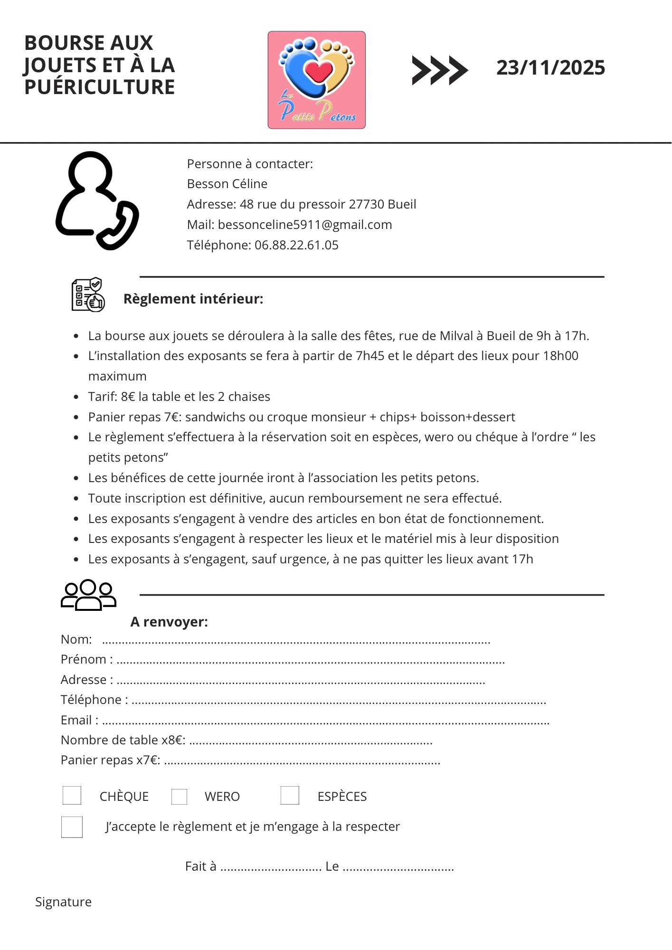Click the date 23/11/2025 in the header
[x=550, y=68]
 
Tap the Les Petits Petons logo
[x=316, y=80]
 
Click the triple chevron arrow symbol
[x=439, y=70]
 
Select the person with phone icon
[x=97, y=200]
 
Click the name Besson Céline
[x=227, y=184]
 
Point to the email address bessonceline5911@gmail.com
[x=305, y=225]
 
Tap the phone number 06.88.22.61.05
[x=296, y=245]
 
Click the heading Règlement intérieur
[x=193, y=299]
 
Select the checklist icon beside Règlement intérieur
[x=88, y=295]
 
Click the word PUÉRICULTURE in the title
[x=100, y=87]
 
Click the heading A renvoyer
[x=169, y=622]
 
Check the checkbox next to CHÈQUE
[x=72, y=796]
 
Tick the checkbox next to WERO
[x=179, y=797]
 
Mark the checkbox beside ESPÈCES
[x=290, y=796]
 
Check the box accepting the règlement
[x=72, y=827]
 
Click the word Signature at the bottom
[x=63, y=902]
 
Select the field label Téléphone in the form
[x=91, y=700]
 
